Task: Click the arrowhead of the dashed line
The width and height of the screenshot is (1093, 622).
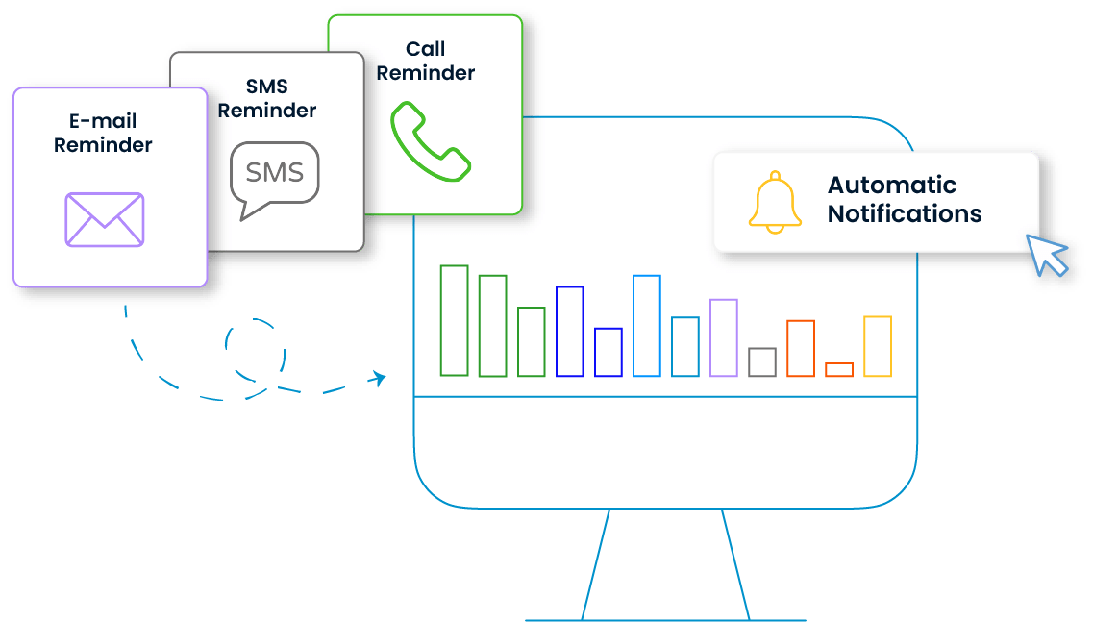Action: (x=378, y=378)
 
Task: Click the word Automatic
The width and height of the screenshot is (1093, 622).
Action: (x=891, y=185)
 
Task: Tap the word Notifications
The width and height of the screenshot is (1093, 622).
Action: (x=905, y=213)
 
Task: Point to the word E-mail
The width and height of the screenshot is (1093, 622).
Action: (x=103, y=120)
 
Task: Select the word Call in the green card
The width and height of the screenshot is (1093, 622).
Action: (x=425, y=49)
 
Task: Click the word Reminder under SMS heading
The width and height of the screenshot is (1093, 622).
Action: (x=267, y=111)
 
